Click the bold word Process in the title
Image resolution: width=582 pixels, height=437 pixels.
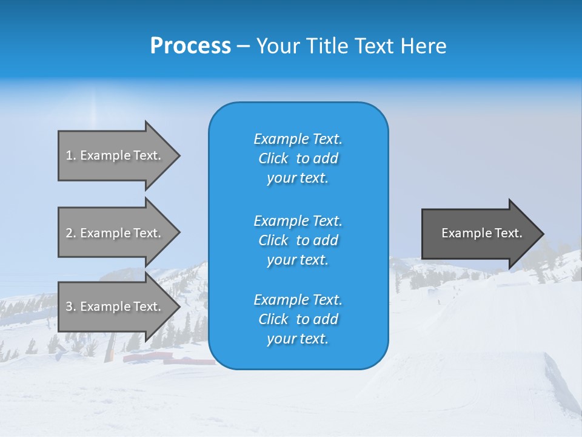click(190, 46)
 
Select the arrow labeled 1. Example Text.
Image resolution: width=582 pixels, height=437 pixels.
click(115, 155)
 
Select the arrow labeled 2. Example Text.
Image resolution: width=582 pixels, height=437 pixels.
click(115, 233)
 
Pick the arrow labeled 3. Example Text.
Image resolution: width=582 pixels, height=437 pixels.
click(115, 307)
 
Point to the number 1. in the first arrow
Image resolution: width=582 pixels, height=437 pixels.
click(71, 155)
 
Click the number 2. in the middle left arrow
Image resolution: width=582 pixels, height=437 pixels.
click(71, 233)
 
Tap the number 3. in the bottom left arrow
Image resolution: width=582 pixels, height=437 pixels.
click(71, 307)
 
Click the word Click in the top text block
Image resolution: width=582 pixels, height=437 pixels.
click(273, 158)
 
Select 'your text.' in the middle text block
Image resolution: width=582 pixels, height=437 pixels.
click(298, 260)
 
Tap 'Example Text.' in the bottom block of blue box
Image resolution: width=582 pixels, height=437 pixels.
click(298, 300)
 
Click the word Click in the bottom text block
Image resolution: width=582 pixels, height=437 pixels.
click(273, 319)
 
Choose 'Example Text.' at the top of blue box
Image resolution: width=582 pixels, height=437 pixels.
click(298, 139)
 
